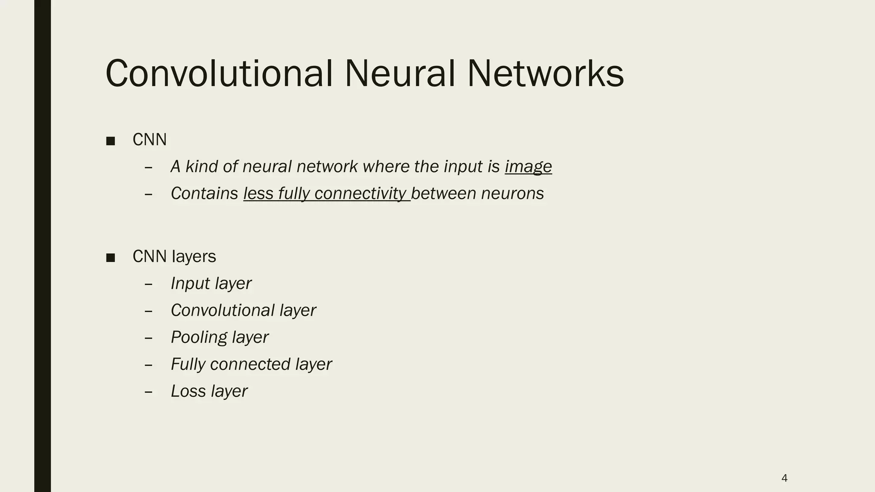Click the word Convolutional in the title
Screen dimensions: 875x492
click(x=219, y=73)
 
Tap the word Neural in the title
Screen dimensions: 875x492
click(x=399, y=73)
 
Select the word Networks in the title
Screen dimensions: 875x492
click(x=545, y=73)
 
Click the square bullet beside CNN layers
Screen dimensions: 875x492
click(x=111, y=258)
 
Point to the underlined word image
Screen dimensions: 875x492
click(x=528, y=167)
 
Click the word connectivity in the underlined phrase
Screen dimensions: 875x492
click(x=360, y=193)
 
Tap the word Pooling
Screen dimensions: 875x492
click(x=199, y=337)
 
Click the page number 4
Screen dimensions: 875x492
click(x=784, y=478)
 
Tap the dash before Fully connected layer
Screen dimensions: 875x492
click(x=149, y=365)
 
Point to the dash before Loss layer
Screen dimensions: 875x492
click(x=149, y=392)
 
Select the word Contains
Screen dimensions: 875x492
click(x=204, y=193)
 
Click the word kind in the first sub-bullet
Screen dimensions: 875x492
click(x=201, y=167)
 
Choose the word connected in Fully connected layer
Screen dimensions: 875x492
click(x=250, y=364)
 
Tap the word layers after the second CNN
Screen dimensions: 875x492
click(x=194, y=257)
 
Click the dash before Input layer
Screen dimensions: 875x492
click(x=149, y=284)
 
